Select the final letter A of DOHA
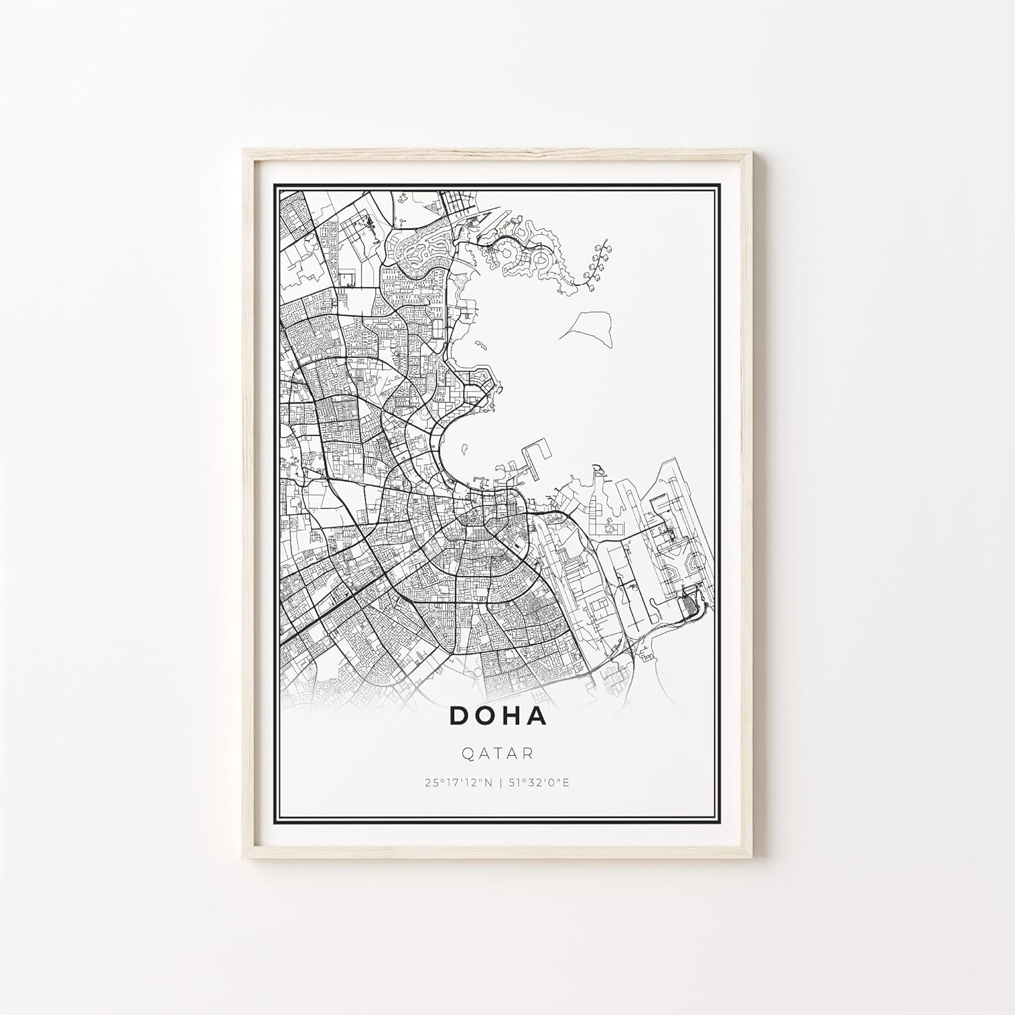pyautogui.click(x=537, y=716)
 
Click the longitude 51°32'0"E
pyautogui.click(x=539, y=784)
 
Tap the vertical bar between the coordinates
pyautogui.click(x=501, y=784)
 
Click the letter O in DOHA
pyautogui.click(x=486, y=716)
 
